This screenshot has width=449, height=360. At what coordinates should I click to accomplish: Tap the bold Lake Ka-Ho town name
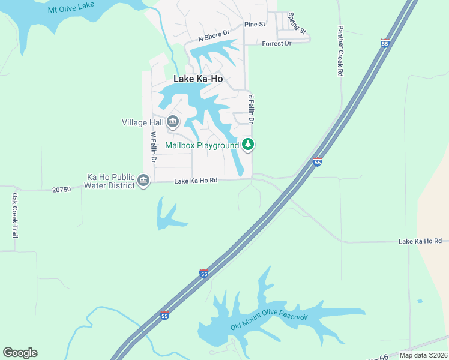tap(198, 79)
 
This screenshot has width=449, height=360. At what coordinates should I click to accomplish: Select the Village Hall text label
tap(142, 122)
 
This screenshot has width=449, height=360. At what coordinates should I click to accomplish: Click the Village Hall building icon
tap(173, 122)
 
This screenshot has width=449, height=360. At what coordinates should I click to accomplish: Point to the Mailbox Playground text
tap(202, 145)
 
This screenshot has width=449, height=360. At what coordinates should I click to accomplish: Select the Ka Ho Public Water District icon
tap(143, 181)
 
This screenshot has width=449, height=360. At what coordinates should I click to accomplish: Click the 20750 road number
tap(62, 190)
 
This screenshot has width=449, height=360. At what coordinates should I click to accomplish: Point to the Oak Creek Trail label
tap(15, 215)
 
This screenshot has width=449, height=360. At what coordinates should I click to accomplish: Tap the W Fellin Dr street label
tap(154, 148)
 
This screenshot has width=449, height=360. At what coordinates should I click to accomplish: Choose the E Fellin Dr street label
tap(252, 109)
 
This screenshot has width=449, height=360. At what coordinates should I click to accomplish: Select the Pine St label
tap(255, 25)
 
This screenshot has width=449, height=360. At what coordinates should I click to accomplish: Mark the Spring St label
tap(297, 23)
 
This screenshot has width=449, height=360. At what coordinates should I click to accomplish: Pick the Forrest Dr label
tap(276, 43)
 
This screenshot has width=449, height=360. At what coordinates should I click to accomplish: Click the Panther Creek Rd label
tap(340, 50)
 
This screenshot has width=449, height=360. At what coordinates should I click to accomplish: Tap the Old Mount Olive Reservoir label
tap(269, 322)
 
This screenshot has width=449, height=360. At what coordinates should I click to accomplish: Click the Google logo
tap(20, 353)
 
